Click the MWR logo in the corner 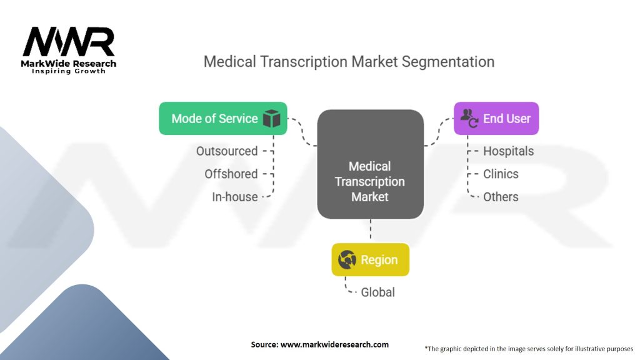coord(69,42)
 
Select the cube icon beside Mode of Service coord(271,119)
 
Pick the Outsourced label coord(226,151)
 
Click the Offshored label coord(231,174)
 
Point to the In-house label coord(234,197)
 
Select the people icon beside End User coord(469,118)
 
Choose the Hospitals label coord(508,151)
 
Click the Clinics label coord(501,174)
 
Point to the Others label coord(501,197)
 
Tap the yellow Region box coord(370,259)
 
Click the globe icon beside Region coord(347,259)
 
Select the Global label coord(377,292)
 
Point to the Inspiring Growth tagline coord(69,71)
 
